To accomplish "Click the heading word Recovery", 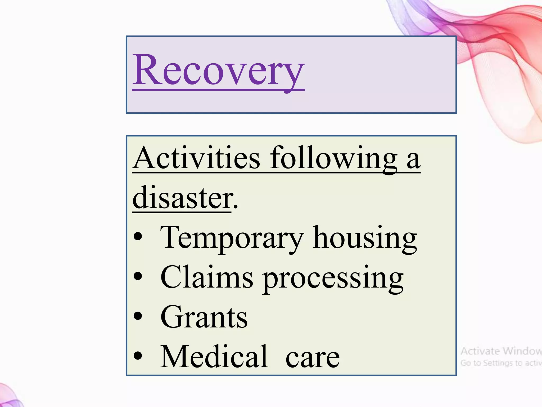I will click(218, 70).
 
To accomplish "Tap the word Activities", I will click(196, 158).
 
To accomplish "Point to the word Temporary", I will click(232, 238).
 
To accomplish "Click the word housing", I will click(365, 238).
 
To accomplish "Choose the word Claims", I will click(207, 277).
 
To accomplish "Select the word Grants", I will click(204, 317).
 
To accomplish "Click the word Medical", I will click(214, 357).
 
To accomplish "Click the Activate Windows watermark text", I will click(501, 351).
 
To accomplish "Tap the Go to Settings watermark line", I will click(501, 363).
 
